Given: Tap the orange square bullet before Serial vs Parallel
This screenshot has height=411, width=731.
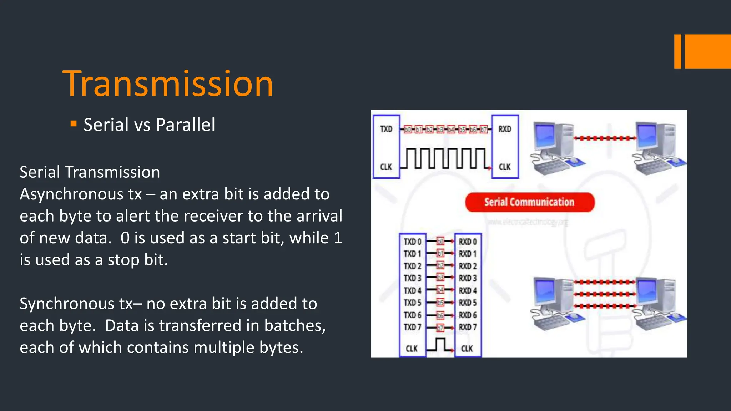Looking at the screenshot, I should pos(74,124).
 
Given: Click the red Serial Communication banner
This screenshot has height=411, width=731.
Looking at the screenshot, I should pos(529,202).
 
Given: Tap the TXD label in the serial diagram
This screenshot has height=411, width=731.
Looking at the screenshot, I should pos(386,129).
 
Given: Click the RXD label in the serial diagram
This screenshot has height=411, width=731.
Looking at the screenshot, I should pos(505,129).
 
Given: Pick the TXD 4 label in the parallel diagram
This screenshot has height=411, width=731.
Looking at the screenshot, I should pos(412,290).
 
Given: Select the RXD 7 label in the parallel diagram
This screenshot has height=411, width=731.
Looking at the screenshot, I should pos(468,327).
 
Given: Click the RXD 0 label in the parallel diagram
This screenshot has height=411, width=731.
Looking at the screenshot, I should pos(468,242).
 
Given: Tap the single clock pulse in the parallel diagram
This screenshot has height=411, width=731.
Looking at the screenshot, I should pos(440,345).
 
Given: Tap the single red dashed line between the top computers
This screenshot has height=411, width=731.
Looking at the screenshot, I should pos(605,138).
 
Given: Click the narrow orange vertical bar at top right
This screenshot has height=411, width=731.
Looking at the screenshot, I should pos(677,51).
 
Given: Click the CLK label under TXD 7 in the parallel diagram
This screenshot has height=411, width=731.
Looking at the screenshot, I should pos(412,349).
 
